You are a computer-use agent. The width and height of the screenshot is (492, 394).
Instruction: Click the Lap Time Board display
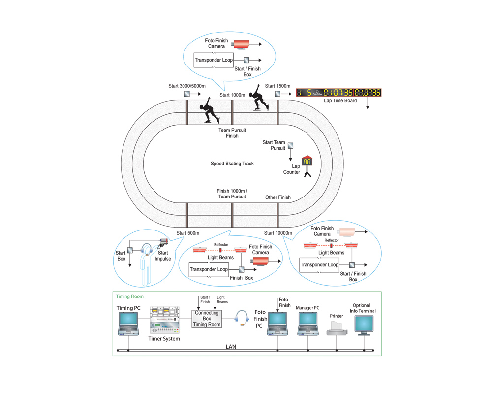[338, 93]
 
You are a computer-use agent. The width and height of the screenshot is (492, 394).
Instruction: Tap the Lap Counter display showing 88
[307, 162]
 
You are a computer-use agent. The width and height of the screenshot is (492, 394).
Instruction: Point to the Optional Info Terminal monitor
[364, 325]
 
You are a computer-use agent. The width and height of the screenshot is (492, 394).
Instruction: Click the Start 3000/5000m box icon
[187, 94]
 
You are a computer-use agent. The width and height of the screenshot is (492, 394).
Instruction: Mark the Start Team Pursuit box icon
[291, 146]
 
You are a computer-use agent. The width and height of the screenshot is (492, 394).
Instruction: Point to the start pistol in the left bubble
[163, 241]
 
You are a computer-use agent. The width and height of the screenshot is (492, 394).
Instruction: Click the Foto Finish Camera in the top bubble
[241, 45]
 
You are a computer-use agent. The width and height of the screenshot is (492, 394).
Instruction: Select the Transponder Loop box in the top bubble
[214, 61]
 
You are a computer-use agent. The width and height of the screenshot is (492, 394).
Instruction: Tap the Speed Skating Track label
[232, 164]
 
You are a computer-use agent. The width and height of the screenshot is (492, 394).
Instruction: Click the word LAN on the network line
[231, 347]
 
